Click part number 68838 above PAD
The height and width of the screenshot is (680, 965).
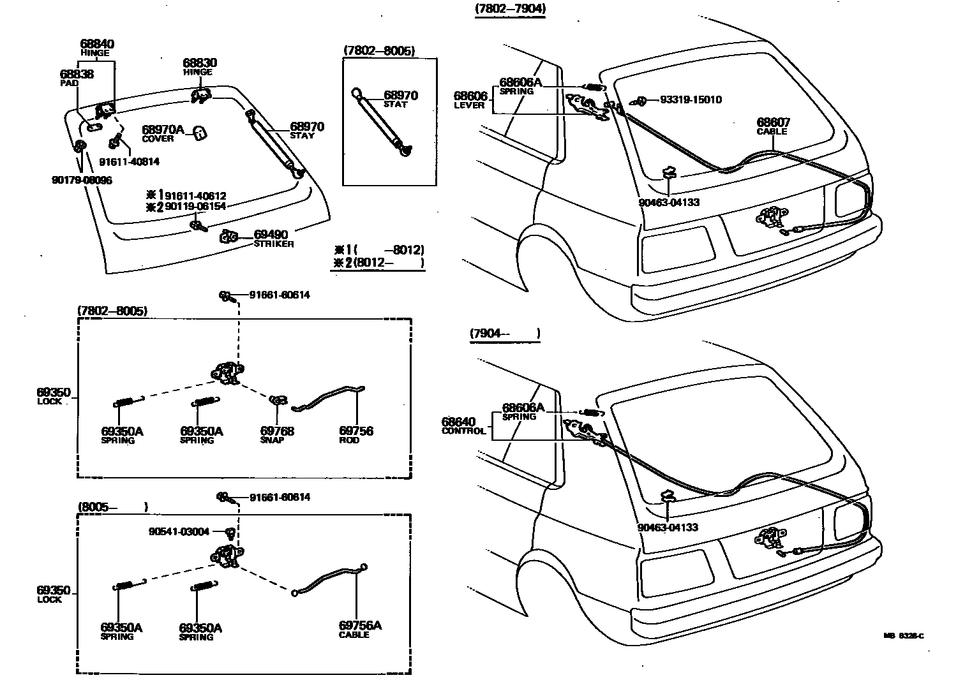coord(76,74)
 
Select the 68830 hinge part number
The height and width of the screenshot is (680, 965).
coord(200,63)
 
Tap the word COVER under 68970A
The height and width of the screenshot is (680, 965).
coord(158,138)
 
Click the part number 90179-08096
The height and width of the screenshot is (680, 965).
coord(82,181)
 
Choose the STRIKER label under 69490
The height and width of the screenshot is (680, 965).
coord(274,244)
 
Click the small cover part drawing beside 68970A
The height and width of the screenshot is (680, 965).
coord(200,133)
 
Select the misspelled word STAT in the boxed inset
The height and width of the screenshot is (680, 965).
coord(396,105)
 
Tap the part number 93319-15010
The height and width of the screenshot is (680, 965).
coord(691,100)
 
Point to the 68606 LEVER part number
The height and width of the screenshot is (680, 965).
coord(470,96)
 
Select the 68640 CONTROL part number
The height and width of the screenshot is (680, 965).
coord(458,422)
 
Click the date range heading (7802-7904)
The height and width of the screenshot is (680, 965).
coord(511,9)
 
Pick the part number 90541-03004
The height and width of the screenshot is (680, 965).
coord(179,531)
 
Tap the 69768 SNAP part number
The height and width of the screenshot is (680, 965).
coord(277,431)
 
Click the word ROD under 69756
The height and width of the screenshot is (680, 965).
coord(349,440)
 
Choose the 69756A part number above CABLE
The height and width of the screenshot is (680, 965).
coord(360,625)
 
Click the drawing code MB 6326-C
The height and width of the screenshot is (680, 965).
coord(903,635)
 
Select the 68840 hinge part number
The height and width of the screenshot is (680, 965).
coord(97,44)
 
